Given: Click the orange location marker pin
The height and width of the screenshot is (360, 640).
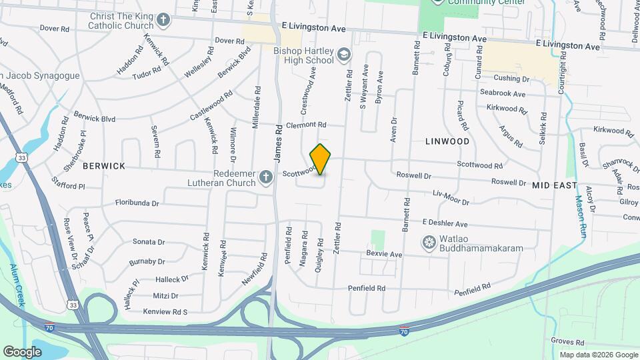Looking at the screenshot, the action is tap(321, 159).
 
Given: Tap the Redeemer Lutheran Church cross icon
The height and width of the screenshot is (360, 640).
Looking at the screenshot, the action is tap(266, 177).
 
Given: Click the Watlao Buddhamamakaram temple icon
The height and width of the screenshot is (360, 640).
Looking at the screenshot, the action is tap(429, 241).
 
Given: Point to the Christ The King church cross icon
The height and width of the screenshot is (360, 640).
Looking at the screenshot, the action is tap(163, 19).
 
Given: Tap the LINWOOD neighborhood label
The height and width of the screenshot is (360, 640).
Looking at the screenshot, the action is tap(447, 141).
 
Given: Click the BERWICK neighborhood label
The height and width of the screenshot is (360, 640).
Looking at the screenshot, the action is tap(104, 166).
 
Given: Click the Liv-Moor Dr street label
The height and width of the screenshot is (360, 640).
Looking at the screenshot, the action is tap(451, 198).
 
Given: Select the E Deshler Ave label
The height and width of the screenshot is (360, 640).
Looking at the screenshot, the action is tap(445, 224).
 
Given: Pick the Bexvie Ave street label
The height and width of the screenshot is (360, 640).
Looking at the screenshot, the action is tap(384, 254).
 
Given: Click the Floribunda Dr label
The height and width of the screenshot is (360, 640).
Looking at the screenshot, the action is tap(137, 202).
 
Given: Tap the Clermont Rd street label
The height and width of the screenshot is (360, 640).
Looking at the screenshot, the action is tap(306, 125).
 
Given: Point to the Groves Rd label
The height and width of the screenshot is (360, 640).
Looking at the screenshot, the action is tap(567, 341).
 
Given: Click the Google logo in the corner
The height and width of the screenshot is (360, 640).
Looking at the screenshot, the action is tap(22, 351).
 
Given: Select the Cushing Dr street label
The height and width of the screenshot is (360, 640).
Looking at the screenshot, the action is tap(511, 79).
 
